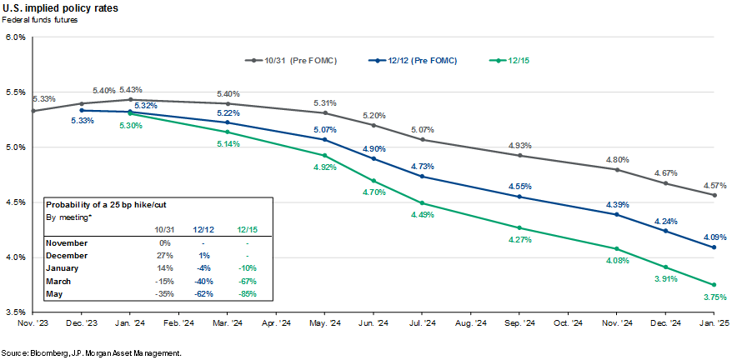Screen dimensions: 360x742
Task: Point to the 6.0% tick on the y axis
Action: pyautogui.click(x=15, y=37)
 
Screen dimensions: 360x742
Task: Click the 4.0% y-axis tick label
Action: pyautogui.click(x=15, y=257)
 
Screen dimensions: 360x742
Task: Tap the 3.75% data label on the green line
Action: pyautogui.click(x=714, y=297)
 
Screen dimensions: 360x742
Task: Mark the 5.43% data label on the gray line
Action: pyautogui.click(x=131, y=89)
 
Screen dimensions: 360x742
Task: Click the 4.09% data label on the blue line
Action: pyautogui.click(x=714, y=235)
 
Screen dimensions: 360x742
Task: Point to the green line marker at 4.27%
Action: pyautogui.click(x=519, y=227)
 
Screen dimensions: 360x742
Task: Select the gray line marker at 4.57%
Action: pyautogui.click(x=714, y=195)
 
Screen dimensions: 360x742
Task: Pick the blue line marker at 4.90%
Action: pyautogui.click(x=373, y=158)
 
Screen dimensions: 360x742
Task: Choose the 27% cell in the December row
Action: pyautogui.click(x=164, y=256)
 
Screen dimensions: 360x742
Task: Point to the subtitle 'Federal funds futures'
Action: pyautogui.click(x=41, y=19)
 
